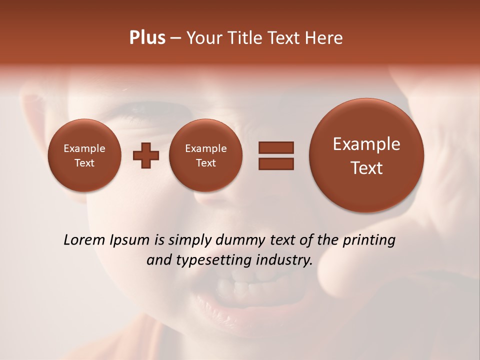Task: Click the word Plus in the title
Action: click(x=147, y=38)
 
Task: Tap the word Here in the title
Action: click(x=323, y=38)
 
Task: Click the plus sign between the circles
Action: click(x=146, y=155)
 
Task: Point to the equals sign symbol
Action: click(x=276, y=155)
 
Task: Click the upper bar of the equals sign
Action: click(x=276, y=147)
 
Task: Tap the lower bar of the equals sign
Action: click(x=276, y=163)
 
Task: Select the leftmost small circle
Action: click(x=84, y=155)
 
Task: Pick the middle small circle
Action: click(x=206, y=155)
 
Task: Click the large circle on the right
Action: click(x=366, y=155)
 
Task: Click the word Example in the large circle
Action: click(x=366, y=144)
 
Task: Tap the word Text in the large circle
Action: click(x=366, y=168)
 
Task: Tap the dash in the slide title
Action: click(x=175, y=38)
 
